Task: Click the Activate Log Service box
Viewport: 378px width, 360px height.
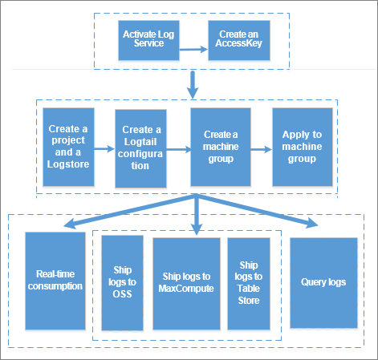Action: click(x=148, y=40)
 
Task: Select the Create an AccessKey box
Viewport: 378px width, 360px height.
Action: click(x=239, y=40)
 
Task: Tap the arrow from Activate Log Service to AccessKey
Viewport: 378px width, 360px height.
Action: click(x=193, y=49)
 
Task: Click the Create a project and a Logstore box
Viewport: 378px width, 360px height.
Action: click(x=68, y=147)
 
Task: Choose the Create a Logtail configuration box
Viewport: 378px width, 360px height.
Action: click(x=140, y=148)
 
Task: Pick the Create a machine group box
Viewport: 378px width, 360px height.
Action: click(x=221, y=147)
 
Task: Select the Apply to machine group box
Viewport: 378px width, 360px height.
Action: click(x=303, y=147)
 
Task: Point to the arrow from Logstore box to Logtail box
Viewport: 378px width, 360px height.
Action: click(x=104, y=148)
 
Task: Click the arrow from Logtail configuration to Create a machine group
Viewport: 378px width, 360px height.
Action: click(x=179, y=149)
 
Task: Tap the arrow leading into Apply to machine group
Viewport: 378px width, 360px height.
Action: click(x=262, y=149)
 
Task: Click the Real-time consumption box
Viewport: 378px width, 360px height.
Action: click(x=55, y=281)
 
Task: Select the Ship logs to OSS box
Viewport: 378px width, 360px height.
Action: click(x=122, y=283)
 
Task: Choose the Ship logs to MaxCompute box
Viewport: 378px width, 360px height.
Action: click(x=186, y=284)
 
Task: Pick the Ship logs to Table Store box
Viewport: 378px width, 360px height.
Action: click(x=249, y=284)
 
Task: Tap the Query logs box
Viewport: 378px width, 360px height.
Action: click(x=323, y=283)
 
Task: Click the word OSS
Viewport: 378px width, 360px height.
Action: click(x=122, y=294)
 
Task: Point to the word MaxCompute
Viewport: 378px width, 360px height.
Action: click(x=186, y=289)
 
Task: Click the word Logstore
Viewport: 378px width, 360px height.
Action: click(x=68, y=164)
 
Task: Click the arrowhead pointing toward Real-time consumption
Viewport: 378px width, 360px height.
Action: click(x=70, y=224)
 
